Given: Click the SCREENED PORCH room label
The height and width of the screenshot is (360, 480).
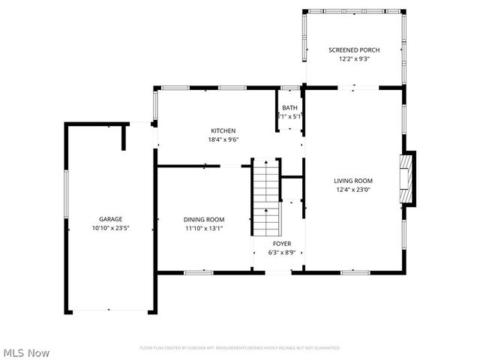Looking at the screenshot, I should pyautogui.click(x=354, y=50).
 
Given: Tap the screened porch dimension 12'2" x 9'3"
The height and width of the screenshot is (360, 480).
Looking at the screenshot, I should pyautogui.click(x=354, y=59).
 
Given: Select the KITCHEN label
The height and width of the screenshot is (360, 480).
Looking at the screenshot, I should pyautogui.click(x=223, y=130).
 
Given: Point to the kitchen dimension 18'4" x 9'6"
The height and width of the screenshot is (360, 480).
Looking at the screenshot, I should pyautogui.click(x=223, y=139).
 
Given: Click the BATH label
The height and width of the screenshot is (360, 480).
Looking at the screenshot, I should pyautogui.click(x=289, y=108).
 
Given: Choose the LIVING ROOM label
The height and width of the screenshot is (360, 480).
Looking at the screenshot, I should pyautogui.click(x=353, y=181).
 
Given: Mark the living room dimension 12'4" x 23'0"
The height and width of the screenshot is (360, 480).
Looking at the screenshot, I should pyautogui.click(x=353, y=190).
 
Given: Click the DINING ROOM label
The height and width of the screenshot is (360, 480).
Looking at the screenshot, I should pyautogui.click(x=204, y=219).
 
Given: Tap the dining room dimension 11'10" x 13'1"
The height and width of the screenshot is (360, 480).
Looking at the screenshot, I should pyautogui.click(x=204, y=229).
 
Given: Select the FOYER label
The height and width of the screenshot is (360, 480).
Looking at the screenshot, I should pyautogui.click(x=282, y=244).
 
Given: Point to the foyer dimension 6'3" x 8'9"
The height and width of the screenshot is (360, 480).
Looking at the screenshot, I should pyautogui.click(x=282, y=253).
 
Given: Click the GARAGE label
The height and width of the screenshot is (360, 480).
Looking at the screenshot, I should pyautogui.click(x=111, y=219).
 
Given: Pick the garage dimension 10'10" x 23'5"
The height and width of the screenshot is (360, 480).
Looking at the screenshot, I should pyautogui.click(x=111, y=229).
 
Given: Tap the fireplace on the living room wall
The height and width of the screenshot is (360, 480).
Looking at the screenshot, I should pyautogui.click(x=407, y=178).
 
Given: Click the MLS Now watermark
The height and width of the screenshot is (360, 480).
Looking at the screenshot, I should pyautogui.click(x=27, y=352).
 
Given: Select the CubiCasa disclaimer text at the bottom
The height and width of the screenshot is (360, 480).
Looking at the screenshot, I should pyautogui.click(x=240, y=348).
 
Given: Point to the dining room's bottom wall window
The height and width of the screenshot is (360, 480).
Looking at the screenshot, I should pyautogui.click(x=198, y=272).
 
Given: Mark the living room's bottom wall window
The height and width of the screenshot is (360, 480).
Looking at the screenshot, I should pyautogui.click(x=355, y=272).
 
